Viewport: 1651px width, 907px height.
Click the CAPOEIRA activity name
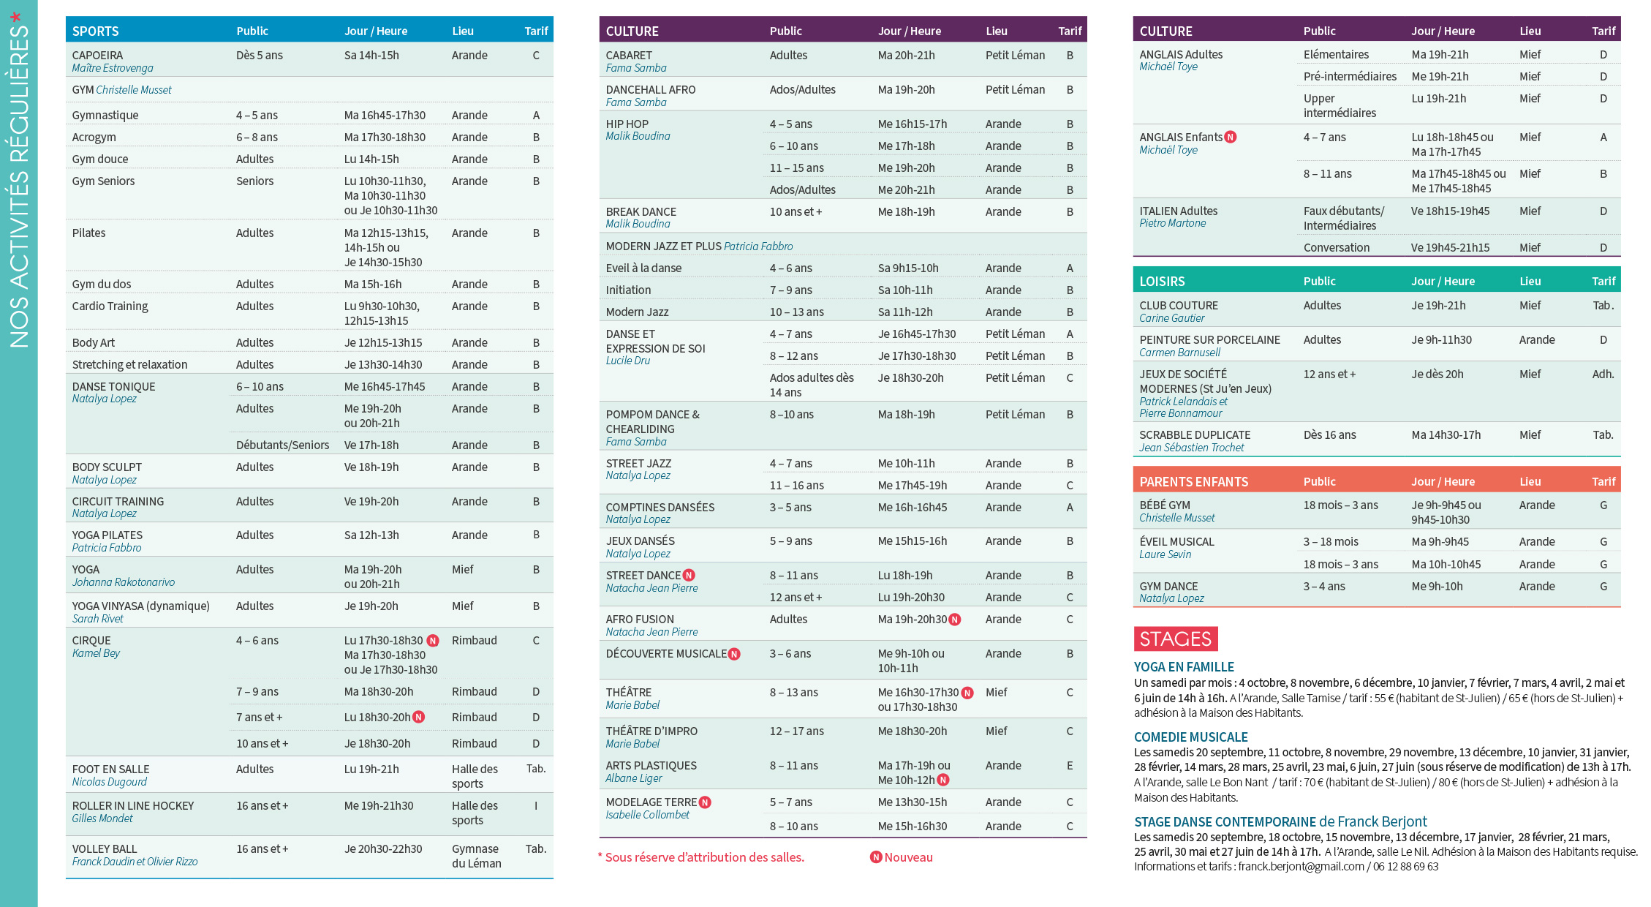pos(97,56)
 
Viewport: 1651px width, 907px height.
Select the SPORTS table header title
pos(95,31)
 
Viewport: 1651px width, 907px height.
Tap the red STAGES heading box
pos(1175,639)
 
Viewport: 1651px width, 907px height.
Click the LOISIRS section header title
pos(1162,282)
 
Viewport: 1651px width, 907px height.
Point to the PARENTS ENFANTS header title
pos(1193,482)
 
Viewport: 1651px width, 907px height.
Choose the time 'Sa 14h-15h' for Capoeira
pos(371,56)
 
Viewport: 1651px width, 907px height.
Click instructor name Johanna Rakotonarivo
pos(123,582)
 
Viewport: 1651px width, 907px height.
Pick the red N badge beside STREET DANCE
pos(689,576)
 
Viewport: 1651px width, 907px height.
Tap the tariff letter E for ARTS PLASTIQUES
pos(1070,766)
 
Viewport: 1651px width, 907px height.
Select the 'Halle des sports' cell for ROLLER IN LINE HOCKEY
pos(475,813)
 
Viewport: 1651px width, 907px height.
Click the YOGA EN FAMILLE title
pos(1184,667)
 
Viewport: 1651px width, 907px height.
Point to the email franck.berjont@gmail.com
pos(1301,867)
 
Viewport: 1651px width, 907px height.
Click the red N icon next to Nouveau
pos(876,857)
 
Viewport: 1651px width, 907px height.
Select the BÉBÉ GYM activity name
pos(1165,505)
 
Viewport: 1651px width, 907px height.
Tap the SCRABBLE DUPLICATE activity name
pos(1195,435)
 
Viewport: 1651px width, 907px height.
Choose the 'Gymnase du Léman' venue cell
pos(476,856)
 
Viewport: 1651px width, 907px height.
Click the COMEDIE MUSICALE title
pos(1190,737)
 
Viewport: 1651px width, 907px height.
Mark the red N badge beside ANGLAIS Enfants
pos(1231,138)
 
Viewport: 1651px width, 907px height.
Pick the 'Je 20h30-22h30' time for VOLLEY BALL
pos(383,849)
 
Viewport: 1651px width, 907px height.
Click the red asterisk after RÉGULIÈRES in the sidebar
pos(15,16)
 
